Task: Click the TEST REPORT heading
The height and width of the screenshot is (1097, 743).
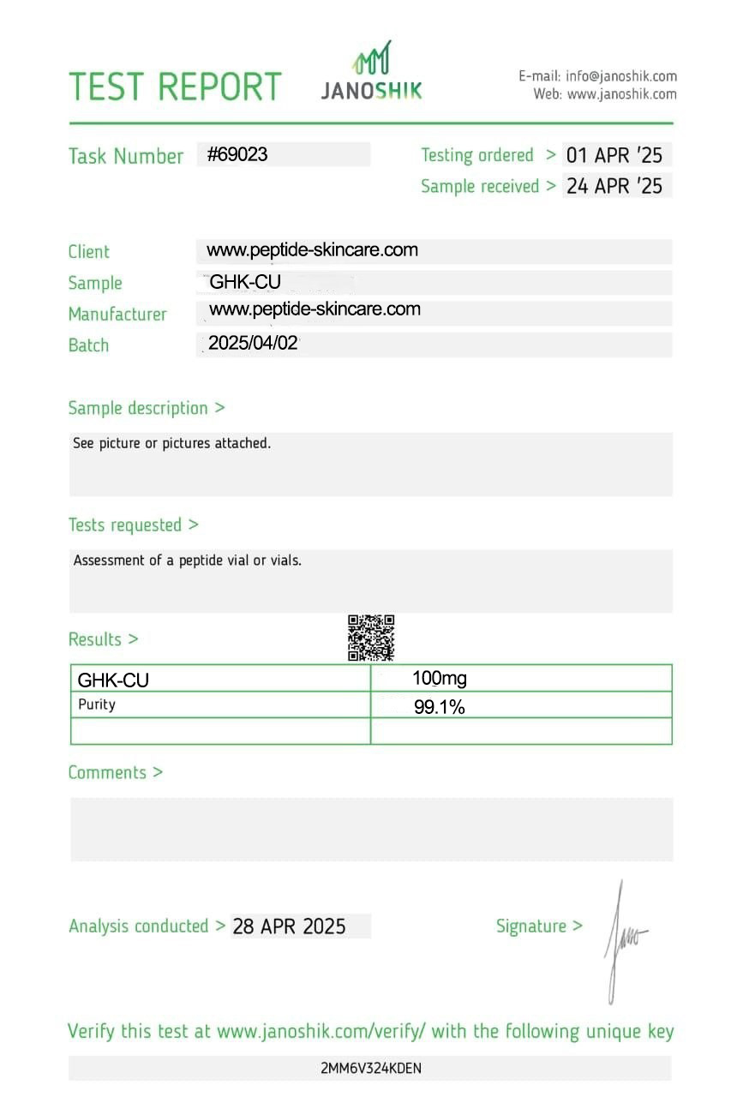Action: pyautogui.click(x=175, y=87)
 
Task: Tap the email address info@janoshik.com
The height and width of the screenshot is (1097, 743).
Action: pyautogui.click(x=620, y=76)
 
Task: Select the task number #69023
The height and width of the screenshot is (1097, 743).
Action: pyautogui.click(x=237, y=154)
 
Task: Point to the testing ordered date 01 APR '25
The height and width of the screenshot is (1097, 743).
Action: pyautogui.click(x=614, y=156)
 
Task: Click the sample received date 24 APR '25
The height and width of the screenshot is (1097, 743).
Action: pyautogui.click(x=614, y=186)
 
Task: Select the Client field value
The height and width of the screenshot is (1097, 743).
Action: pyautogui.click(x=312, y=250)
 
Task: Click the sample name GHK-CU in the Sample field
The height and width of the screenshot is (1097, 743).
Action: pyautogui.click(x=245, y=282)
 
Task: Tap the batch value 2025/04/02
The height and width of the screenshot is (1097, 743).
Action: pyautogui.click(x=253, y=344)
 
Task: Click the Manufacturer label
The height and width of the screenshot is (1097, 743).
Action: pyautogui.click(x=117, y=314)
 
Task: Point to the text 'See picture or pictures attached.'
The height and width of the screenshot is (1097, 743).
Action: pyautogui.click(x=171, y=444)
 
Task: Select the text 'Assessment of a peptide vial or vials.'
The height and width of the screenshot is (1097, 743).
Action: pyautogui.click(x=188, y=561)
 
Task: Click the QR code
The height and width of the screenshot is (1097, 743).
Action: pyautogui.click(x=371, y=638)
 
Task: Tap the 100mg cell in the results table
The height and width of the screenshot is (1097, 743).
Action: pyautogui.click(x=440, y=679)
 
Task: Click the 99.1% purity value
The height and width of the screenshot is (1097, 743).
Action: pyautogui.click(x=440, y=707)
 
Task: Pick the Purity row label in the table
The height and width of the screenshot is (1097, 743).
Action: pyautogui.click(x=96, y=704)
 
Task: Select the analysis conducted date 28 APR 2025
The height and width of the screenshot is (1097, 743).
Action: pyautogui.click(x=290, y=926)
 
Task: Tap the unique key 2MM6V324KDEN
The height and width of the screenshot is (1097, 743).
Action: pyautogui.click(x=371, y=1068)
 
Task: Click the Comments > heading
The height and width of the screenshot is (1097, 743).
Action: pyautogui.click(x=115, y=772)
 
